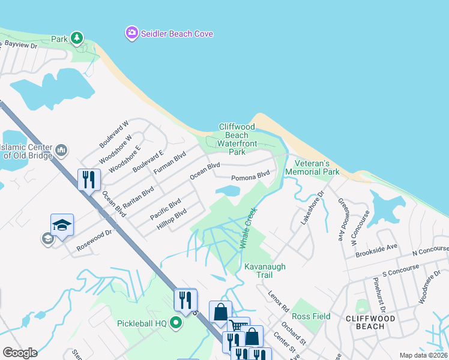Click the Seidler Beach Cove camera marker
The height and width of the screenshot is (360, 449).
click(x=131, y=33)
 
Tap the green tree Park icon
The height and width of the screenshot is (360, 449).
click(x=76, y=38)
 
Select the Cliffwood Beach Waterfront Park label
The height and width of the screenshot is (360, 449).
click(x=237, y=139)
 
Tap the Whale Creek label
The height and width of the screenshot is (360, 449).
click(x=249, y=229)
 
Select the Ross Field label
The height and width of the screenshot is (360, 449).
click(x=311, y=316)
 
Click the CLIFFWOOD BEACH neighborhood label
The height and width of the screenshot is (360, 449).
click(x=370, y=322)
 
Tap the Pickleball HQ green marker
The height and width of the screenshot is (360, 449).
click(x=175, y=323)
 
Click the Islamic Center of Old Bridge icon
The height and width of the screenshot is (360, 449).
click(x=61, y=149)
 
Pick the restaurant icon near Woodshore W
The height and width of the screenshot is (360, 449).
click(x=89, y=179)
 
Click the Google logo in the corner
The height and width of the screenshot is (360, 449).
click(x=19, y=353)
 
